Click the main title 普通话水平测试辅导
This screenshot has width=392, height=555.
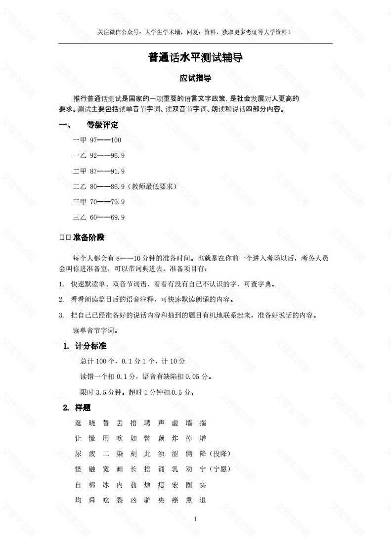(196, 58)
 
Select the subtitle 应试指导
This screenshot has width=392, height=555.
(196, 78)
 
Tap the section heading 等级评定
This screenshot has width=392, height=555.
(102, 125)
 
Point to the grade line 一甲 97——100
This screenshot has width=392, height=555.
(97, 140)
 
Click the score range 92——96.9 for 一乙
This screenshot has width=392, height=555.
(107, 155)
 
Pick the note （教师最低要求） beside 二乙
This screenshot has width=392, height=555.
(152, 186)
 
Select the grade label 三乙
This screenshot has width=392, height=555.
(80, 217)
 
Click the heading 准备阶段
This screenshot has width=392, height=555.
(89, 237)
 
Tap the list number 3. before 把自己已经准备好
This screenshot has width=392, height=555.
(61, 315)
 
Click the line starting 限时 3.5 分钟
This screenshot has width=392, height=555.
(137, 392)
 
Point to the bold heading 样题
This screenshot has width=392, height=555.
(83, 408)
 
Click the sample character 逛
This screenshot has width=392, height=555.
(78, 423)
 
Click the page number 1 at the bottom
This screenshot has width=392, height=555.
(196, 518)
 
